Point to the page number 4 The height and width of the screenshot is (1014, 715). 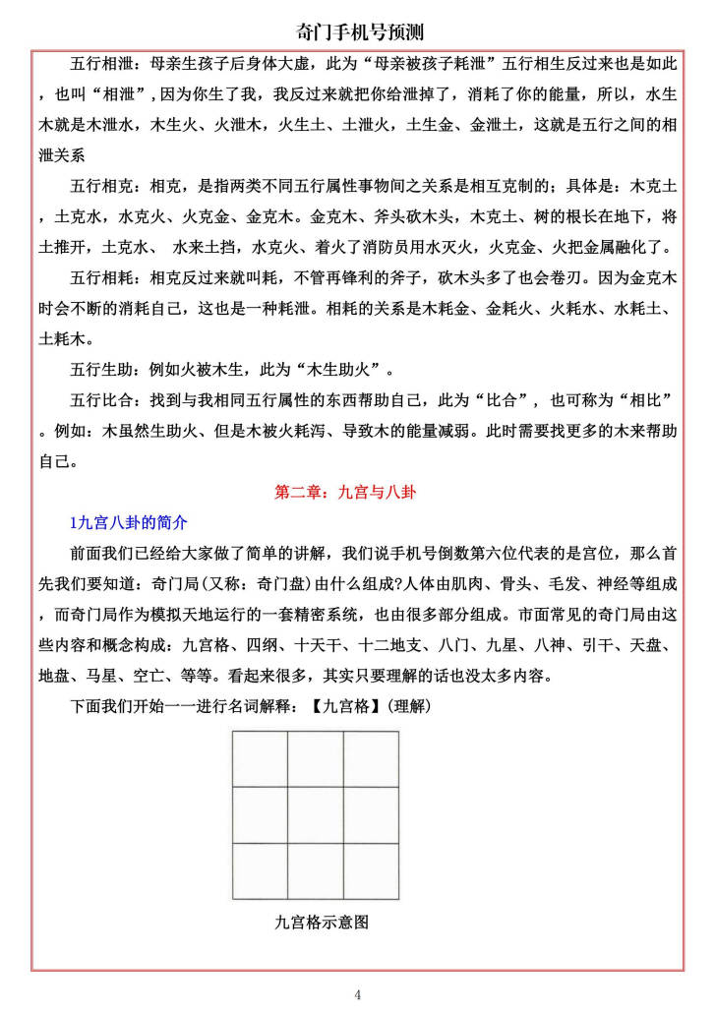[x=358, y=994]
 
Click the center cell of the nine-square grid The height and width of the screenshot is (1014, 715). [x=315, y=815]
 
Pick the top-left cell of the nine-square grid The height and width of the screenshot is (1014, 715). [x=261, y=759]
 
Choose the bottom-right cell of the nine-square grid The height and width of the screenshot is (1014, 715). [x=371, y=870]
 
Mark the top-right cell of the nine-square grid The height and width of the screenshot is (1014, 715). [x=371, y=759]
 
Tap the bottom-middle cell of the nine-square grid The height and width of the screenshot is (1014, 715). [x=315, y=870]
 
